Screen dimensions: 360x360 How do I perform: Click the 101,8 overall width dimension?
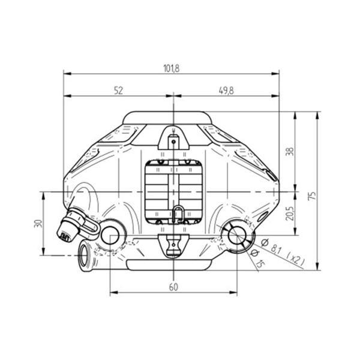(171, 68)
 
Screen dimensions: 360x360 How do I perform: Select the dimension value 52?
(118, 91)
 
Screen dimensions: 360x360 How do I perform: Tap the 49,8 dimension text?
(226, 91)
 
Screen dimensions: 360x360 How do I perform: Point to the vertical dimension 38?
(290, 152)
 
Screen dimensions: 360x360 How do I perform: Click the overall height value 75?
(313, 196)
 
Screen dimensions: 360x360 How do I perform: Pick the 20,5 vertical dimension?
(290, 213)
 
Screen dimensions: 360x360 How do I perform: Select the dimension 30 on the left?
(38, 223)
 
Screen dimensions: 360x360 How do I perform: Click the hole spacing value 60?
(173, 287)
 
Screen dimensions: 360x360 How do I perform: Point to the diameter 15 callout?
(257, 259)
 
